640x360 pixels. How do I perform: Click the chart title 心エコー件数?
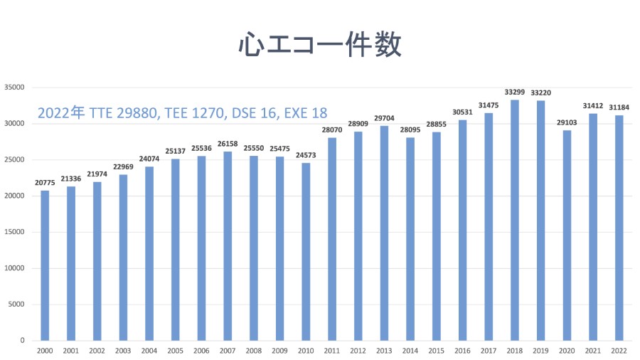(320, 44)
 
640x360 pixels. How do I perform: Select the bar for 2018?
(515, 220)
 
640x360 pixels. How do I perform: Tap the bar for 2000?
(45, 265)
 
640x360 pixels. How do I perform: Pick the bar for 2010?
(306, 252)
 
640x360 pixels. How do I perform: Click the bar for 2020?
(567, 235)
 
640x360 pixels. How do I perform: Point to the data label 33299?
(515, 92)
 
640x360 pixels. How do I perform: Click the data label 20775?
(45, 182)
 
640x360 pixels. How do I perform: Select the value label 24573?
(306, 155)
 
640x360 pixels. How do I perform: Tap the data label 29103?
(567, 122)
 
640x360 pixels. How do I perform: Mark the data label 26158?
(228, 144)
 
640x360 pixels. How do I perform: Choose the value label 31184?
(619, 107)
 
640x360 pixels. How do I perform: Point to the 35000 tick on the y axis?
(14, 88)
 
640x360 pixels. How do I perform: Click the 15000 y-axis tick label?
(14, 232)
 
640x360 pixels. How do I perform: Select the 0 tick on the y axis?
(22, 340)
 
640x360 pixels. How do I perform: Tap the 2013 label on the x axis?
(384, 351)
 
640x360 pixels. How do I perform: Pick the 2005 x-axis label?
(175, 351)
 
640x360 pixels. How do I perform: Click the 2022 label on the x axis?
(619, 351)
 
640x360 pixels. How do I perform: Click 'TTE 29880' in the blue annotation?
(124, 113)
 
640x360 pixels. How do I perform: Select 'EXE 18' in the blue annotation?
(306, 113)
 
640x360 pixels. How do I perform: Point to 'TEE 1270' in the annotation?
(195, 113)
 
